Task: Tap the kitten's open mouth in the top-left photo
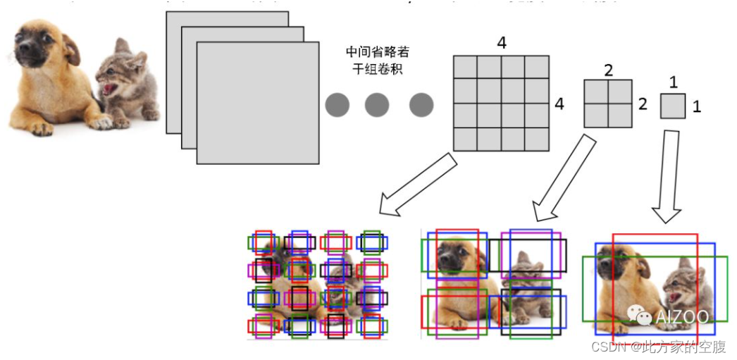click(109, 89)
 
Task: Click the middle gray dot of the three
click(377, 105)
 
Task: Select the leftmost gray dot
click(337, 105)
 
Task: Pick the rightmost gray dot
click(421, 105)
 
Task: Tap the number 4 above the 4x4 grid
click(501, 43)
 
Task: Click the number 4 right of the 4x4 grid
click(559, 104)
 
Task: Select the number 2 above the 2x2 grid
click(609, 70)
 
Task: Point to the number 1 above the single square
click(673, 82)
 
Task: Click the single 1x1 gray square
click(673, 106)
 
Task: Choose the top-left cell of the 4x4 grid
click(465, 68)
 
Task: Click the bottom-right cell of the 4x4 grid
click(537, 139)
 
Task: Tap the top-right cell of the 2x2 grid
click(620, 92)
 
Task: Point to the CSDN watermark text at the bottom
click(658, 347)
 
